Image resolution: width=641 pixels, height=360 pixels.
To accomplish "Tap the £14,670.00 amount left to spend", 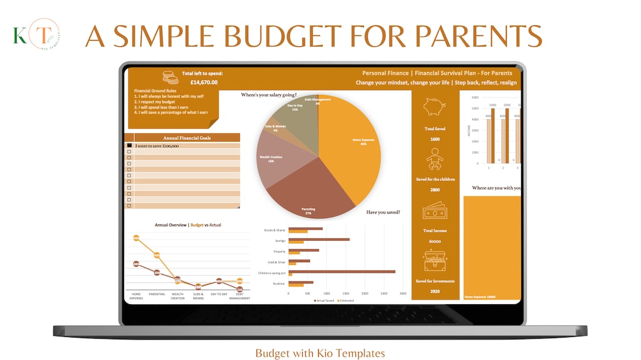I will [204, 82].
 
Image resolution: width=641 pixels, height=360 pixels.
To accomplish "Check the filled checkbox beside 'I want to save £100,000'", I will [129, 145].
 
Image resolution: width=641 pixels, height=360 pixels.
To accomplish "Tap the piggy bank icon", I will [435, 107].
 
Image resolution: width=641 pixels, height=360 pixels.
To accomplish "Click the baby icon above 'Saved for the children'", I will [435, 159].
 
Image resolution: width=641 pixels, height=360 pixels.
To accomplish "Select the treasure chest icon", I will [435, 260].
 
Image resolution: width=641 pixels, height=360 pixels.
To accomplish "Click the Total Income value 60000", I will [435, 241].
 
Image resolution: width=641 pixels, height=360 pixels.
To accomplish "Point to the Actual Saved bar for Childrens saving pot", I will [342, 272].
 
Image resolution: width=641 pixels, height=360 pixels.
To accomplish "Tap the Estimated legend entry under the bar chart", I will [345, 301].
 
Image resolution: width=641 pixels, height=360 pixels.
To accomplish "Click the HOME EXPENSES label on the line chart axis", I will [136, 296].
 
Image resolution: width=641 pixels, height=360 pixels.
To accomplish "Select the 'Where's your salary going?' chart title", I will [269, 94].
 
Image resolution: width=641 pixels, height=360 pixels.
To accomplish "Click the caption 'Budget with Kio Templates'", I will [320, 353].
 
